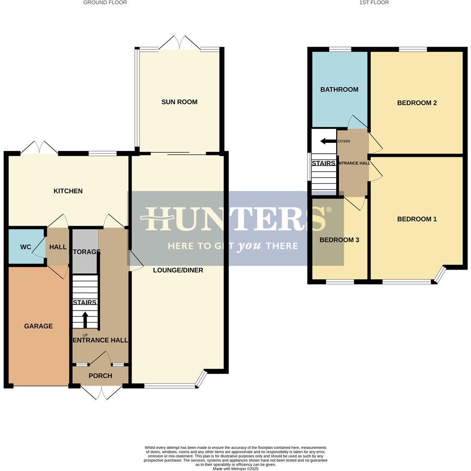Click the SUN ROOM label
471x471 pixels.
click(x=179, y=102)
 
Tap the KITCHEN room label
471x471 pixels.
click(x=68, y=191)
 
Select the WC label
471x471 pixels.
click(x=26, y=247)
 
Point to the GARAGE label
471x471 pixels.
click(x=38, y=326)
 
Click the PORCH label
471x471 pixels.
click(x=100, y=376)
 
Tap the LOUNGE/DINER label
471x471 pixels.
click(x=178, y=270)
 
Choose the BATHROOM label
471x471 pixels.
click(x=339, y=89)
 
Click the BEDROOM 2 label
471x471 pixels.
click(x=417, y=103)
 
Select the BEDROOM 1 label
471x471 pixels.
click(x=417, y=219)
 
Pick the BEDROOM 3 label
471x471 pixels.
click(x=339, y=240)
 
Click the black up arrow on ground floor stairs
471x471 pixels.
click(x=85, y=320)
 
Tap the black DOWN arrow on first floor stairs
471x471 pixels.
click(x=328, y=141)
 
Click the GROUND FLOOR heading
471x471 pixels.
click(x=105, y=3)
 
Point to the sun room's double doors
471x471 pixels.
click(x=179, y=42)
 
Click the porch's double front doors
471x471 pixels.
click(x=101, y=392)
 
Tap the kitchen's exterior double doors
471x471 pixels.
click(x=40, y=147)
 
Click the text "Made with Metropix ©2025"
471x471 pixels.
click(x=235, y=468)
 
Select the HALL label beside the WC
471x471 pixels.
click(x=58, y=247)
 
